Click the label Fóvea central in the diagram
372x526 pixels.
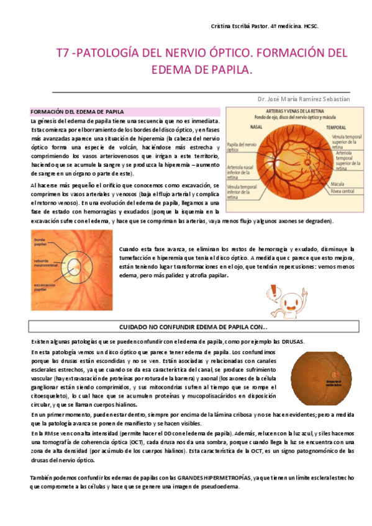pyautogui.click(x=343, y=192)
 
